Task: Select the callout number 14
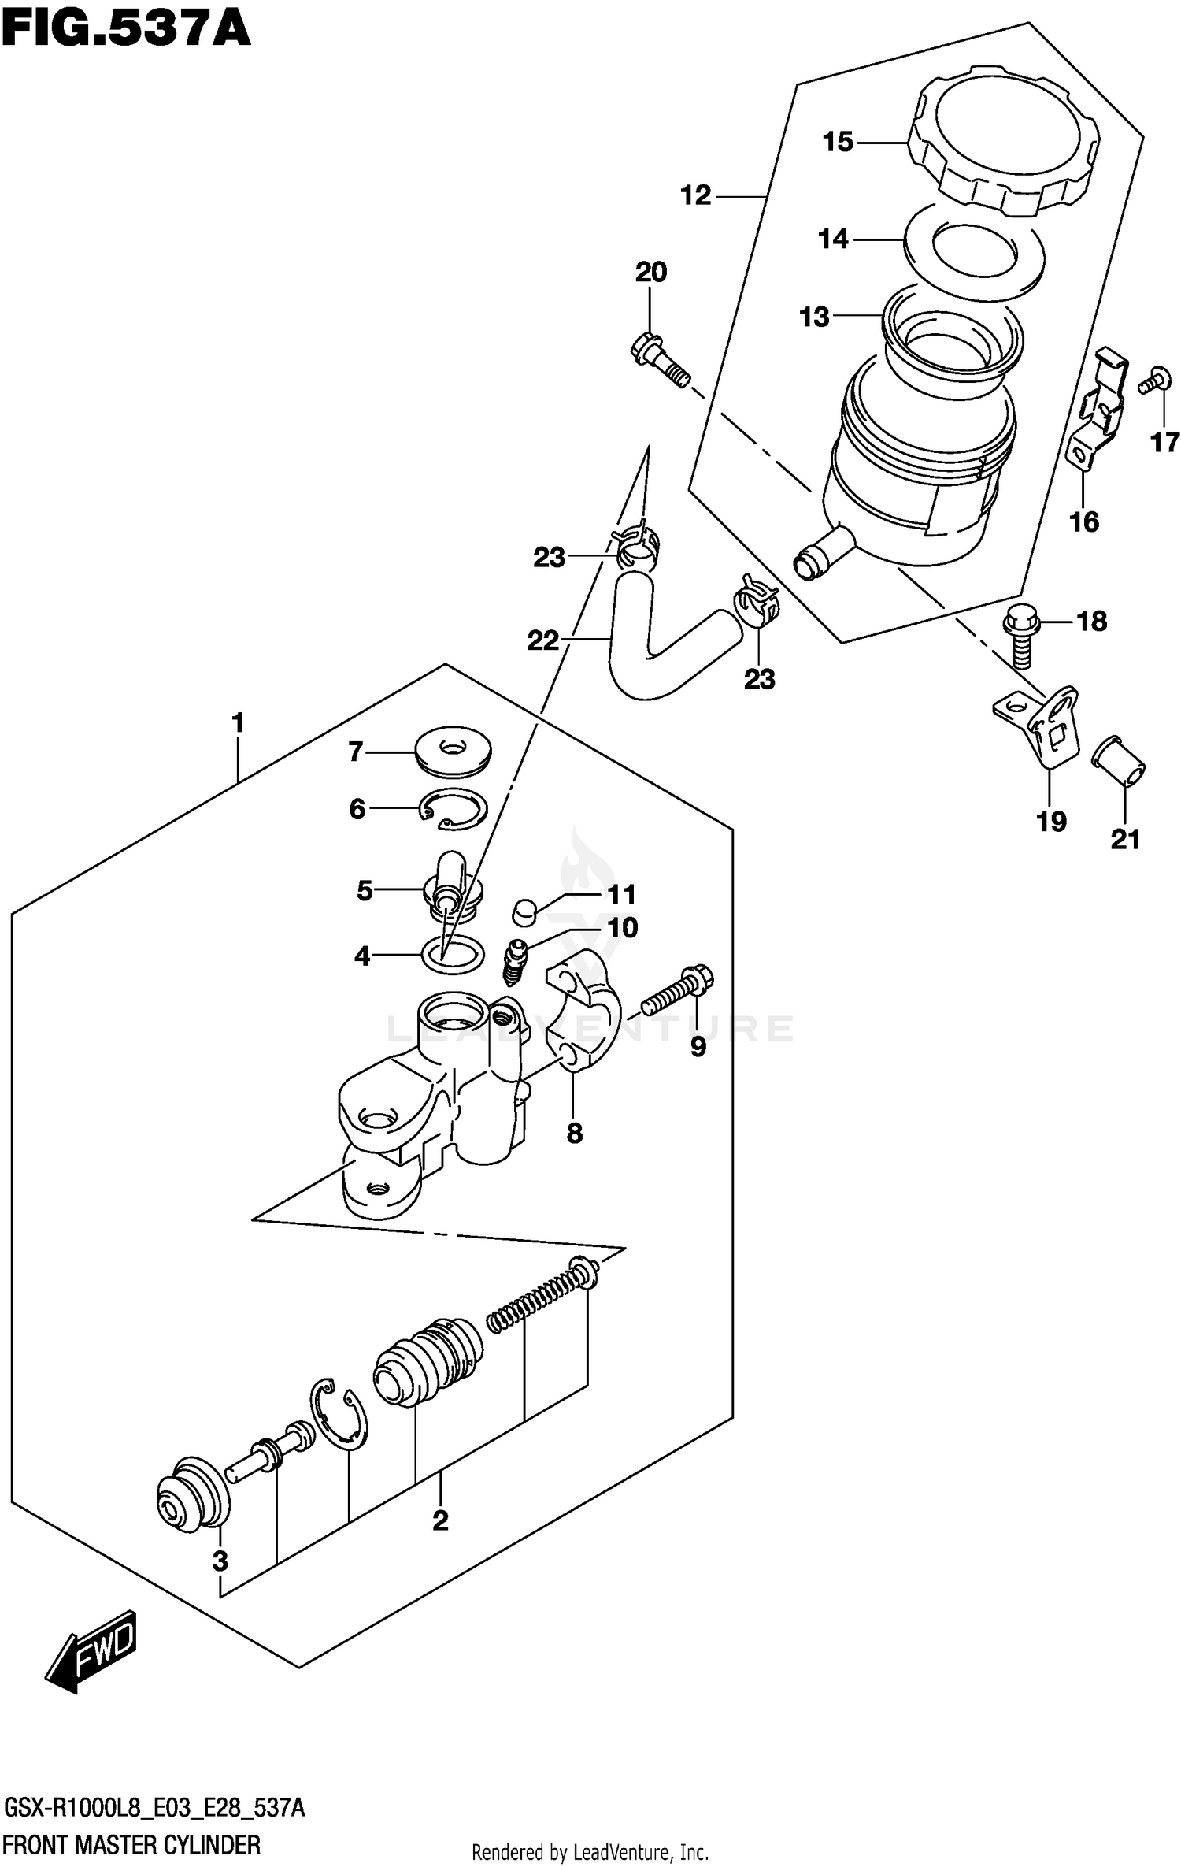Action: [x=834, y=239]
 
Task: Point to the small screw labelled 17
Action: [x=1153, y=381]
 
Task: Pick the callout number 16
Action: [x=1083, y=521]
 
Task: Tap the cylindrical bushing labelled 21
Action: [x=1119, y=762]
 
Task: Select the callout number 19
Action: [x=1051, y=822]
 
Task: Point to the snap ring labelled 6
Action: [x=453, y=808]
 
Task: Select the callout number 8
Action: [x=574, y=1133]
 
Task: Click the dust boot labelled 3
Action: [x=192, y=1494]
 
